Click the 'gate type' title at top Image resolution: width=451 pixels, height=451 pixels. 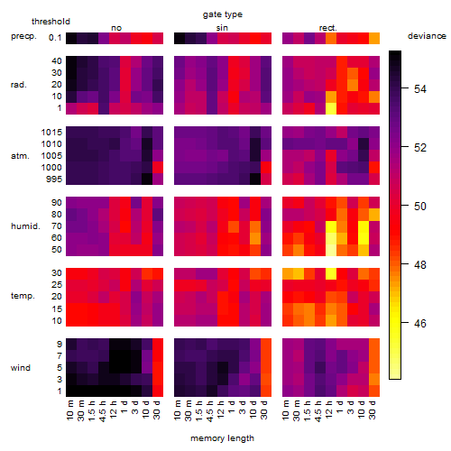223,14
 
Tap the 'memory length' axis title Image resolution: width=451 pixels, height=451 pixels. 222,438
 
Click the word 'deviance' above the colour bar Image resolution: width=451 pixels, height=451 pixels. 427,36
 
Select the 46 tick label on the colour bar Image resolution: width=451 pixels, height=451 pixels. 420,323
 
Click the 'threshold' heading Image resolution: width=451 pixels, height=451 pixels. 51,22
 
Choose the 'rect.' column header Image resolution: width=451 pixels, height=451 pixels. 327,28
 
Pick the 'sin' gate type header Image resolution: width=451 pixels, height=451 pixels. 222,28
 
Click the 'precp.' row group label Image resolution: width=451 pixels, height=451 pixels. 23,36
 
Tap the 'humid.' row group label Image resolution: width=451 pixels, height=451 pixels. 25,225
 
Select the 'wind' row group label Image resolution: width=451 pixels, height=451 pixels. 21,368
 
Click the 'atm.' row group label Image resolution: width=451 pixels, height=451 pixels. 20,156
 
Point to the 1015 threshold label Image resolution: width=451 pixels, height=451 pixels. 51,133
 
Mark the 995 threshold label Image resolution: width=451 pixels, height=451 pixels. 54,179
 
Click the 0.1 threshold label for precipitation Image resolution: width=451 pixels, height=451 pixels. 55,38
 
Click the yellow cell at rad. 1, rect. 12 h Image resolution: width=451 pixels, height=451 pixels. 331,108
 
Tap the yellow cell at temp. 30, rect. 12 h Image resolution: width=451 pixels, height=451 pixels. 331,273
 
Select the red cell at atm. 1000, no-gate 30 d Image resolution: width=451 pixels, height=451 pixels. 158,167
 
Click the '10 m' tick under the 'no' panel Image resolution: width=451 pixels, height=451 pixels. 69,410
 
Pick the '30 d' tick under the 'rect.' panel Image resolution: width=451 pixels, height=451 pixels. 373,410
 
